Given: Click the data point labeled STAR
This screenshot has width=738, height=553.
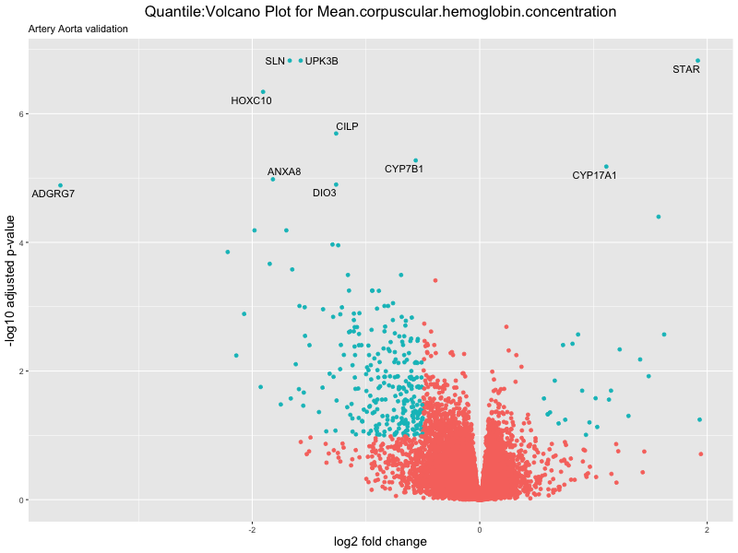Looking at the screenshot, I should [x=697, y=61].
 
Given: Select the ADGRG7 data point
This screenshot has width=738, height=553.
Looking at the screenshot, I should [x=61, y=185].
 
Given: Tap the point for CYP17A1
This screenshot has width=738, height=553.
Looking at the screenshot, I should [x=606, y=167].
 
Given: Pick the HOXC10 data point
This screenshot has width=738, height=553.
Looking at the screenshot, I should [x=263, y=92].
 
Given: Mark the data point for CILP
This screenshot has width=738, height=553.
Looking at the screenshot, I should [x=336, y=134].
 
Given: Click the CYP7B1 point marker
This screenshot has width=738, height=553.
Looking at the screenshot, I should [x=415, y=160].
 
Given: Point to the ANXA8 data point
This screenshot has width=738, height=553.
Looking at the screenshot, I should [x=273, y=179].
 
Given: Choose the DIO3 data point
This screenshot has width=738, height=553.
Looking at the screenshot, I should [x=336, y=184].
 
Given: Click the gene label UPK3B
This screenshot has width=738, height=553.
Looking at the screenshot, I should [x=322, y=62].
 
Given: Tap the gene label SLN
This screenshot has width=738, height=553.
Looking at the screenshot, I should [x=275, y=62].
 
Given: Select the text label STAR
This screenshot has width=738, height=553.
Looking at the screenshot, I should [x=686, y=70].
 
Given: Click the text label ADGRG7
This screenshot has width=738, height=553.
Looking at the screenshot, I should [x=54, y=194].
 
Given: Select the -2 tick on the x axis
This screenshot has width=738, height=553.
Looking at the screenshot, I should [x=252, y=529].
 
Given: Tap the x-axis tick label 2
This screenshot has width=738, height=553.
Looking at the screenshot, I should [x=707, y=529].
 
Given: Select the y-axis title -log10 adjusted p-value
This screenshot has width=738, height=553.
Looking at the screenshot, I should [x=12, y=280].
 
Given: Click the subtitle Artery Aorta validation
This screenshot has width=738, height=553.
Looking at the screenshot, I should [x=78, y=29].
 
